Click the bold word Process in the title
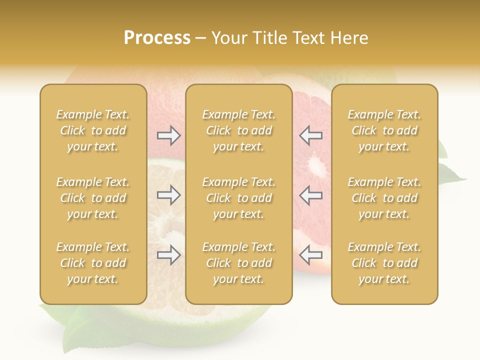(x=157, y=38)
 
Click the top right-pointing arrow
(x=168, y=135)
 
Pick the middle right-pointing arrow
(x=168, y=195)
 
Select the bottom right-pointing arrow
(x=168, y=255)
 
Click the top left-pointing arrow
(x=310, y=135)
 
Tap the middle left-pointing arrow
(x=310, y=195)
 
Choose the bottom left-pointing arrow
(x=310, y=255)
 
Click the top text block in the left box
(x=93, y=130)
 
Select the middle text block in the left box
(x=93, y=198)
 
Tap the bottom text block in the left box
(x=93, y=263)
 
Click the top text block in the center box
(x=239, y=130)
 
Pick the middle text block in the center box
(x=239, y=198)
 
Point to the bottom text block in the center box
(x=239, y=263)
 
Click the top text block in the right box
(x=384, y=130)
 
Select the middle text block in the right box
(x=384, y=198)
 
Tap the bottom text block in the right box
(x=384, y=263)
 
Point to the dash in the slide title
(x=201, y=38)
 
